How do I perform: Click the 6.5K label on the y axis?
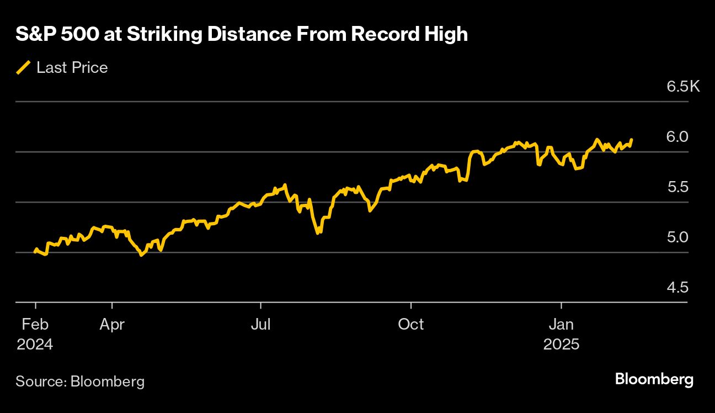tap(683, 87)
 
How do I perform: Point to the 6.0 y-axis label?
tap(677, 136)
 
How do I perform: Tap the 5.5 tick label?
tap(677, 187)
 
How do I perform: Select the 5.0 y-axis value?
tap(677, 237)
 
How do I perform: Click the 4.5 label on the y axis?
tap(677, 288)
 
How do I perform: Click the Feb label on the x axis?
tap(35, 324)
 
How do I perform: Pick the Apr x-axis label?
tap(112, 324)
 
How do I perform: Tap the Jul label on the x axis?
tap(260, 324)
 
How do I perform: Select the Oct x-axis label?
tap(411, 324)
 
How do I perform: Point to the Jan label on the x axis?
tap(561, 324)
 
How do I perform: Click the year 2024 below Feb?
tap(35, 345)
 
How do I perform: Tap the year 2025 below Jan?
tap(561, 345)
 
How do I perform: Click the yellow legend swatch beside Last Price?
tap(23, 68)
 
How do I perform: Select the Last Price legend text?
tap(72, 68)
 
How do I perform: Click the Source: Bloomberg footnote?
tap(80, 381)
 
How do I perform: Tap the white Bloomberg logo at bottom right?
tap(654, 380)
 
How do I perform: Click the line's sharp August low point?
tap(318, 233)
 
